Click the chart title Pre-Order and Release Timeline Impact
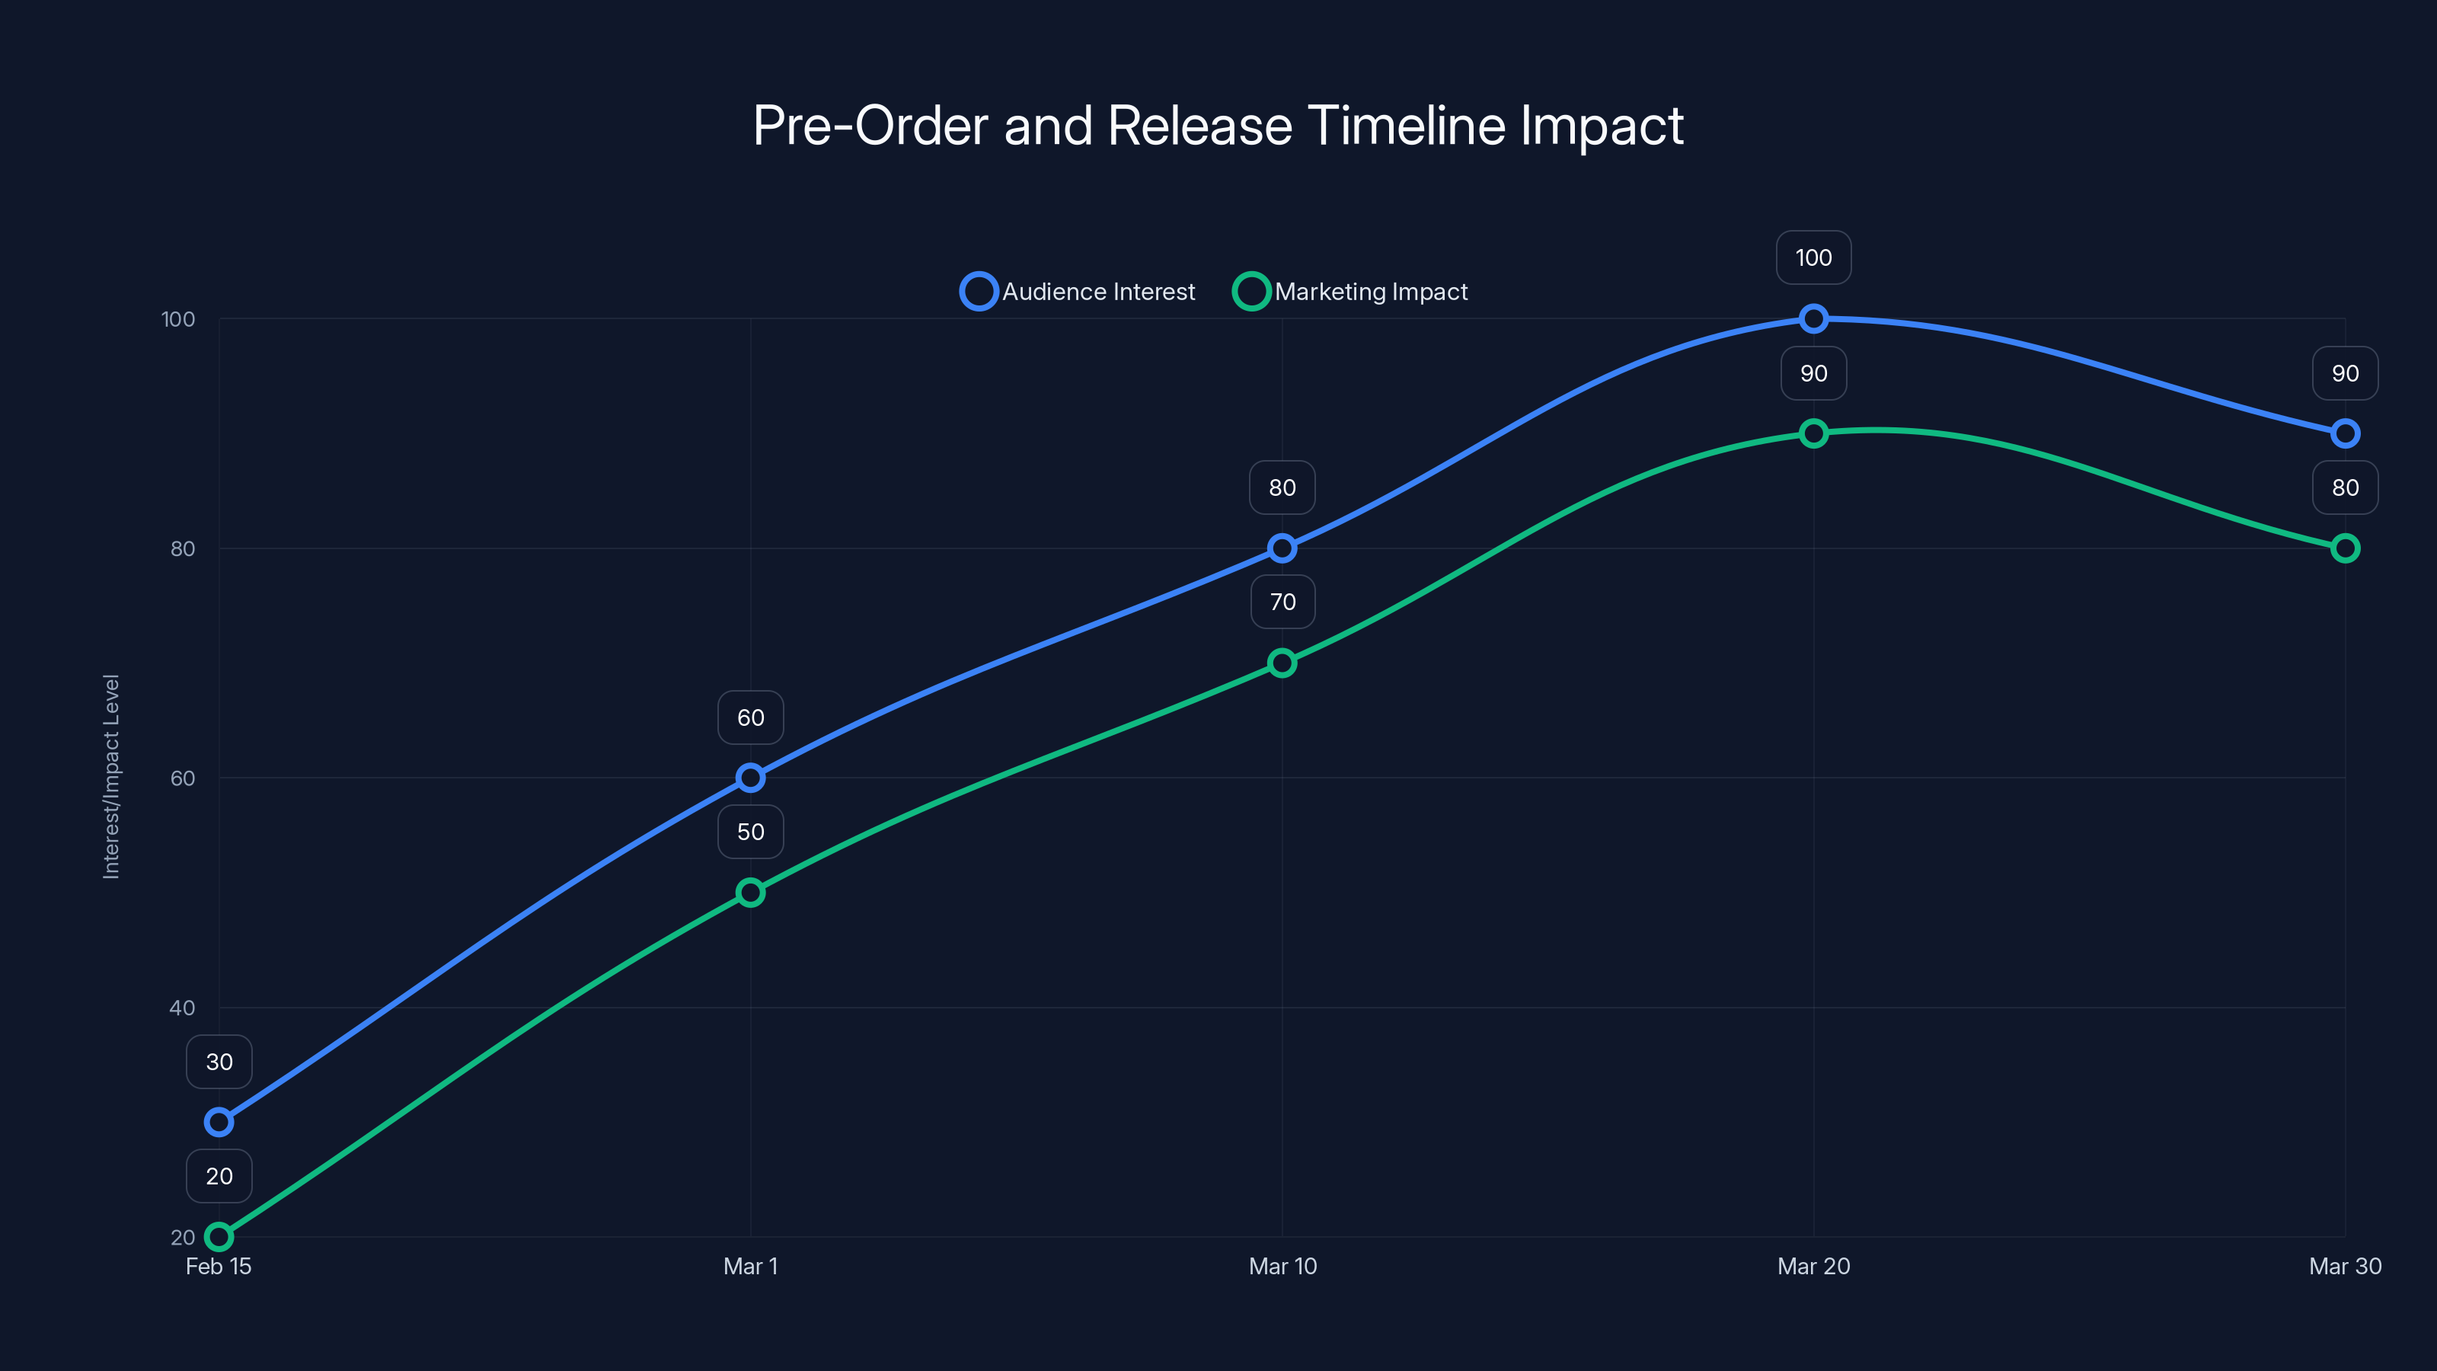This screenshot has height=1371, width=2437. click(x=1218, y=126)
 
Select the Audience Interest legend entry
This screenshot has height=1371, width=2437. click(x=1078, y=292)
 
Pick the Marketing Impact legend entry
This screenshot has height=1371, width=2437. click(x=1351, y=292)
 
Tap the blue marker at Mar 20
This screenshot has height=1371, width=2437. click(x=1813, y=319)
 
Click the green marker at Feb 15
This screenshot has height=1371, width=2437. click(x=219, y=1237)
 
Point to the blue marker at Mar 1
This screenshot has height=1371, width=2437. click(x=750, y=778)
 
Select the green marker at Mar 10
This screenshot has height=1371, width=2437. click(x=1282, y=663)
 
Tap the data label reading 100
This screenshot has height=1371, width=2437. click(x=1813, y=257)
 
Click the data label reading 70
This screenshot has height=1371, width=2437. click(x=1282, y=602)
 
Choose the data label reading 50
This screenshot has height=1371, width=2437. click(x=750, y=832)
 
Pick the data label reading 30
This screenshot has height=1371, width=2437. click(x=219, y=1062)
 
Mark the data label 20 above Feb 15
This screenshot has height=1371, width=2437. click(x=219, y=1176)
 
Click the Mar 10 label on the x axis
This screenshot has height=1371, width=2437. click(x=1282, y=1266)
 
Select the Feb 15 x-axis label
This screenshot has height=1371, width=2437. click(x=219, y=1266)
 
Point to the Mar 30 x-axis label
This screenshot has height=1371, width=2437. click(x=2344, y=1266)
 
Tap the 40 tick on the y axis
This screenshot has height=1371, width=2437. click(x=182, y=1008)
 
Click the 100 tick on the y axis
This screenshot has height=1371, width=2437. click(x=178, y=319)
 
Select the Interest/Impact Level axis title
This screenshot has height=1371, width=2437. click(x=112, y=777)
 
